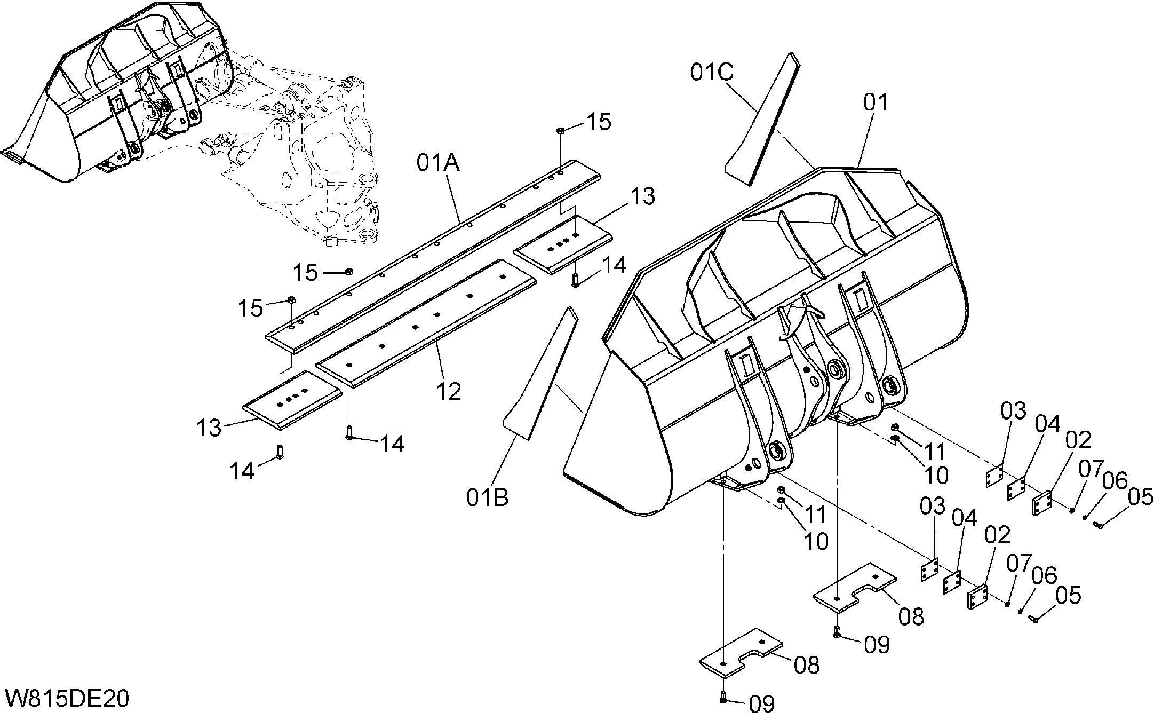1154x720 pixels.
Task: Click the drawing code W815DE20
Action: [x=67, y=699]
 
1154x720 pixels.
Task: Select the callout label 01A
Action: [x=439, y=163]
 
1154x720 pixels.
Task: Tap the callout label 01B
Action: [x=487, y=497]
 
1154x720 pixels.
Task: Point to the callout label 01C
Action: [x=712, y=72]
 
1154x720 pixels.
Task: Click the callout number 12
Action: [x=448, y=392]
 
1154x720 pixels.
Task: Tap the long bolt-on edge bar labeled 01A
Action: [x=433, y=256]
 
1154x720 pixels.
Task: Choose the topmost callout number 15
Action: [x=599, y=122]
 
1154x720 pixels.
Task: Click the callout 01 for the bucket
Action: [x=876, y=102]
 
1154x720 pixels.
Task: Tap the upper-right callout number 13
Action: [x=643, y=196]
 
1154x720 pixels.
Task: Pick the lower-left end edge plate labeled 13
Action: [x=292, y=400]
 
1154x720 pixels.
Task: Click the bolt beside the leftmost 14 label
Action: [x=281, y=452]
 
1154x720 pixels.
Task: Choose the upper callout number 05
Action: [x=1141, y=497]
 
